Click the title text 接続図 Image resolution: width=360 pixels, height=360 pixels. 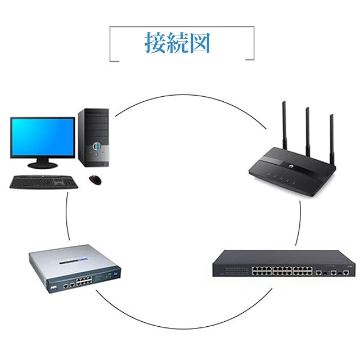(x=177, y=43)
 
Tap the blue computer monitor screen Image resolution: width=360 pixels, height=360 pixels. (x=43, y=137)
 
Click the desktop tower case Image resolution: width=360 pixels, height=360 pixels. (x=93, y=137)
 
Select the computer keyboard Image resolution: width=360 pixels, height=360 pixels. (x=44, y=182)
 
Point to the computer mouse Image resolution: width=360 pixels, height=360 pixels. (x=95, y=180)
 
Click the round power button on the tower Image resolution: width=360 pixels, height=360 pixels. (x=97, y=146)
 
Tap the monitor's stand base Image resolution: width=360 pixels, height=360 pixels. (x=43, y=165)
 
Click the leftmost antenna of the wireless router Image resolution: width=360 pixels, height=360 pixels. (x=285, y=125)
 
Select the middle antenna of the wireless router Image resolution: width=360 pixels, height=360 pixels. (x=308, y=132)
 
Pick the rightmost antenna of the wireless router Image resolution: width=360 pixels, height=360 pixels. (x=332, y=139)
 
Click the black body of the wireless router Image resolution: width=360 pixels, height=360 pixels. (x=292, y=172)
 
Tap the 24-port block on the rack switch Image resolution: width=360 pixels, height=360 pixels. (x=282, y=271)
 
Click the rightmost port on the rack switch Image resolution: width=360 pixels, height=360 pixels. (x=346, y=272)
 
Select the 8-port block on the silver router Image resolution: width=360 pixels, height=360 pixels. (x=84, y=281)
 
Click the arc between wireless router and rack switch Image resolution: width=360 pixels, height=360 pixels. (x=299, y=223)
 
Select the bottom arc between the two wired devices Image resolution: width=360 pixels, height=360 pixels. (x=184, y=328)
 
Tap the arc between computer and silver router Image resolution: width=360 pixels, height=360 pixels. (x=66, y=216)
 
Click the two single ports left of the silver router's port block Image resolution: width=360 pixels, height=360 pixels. (x=69, y=286)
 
